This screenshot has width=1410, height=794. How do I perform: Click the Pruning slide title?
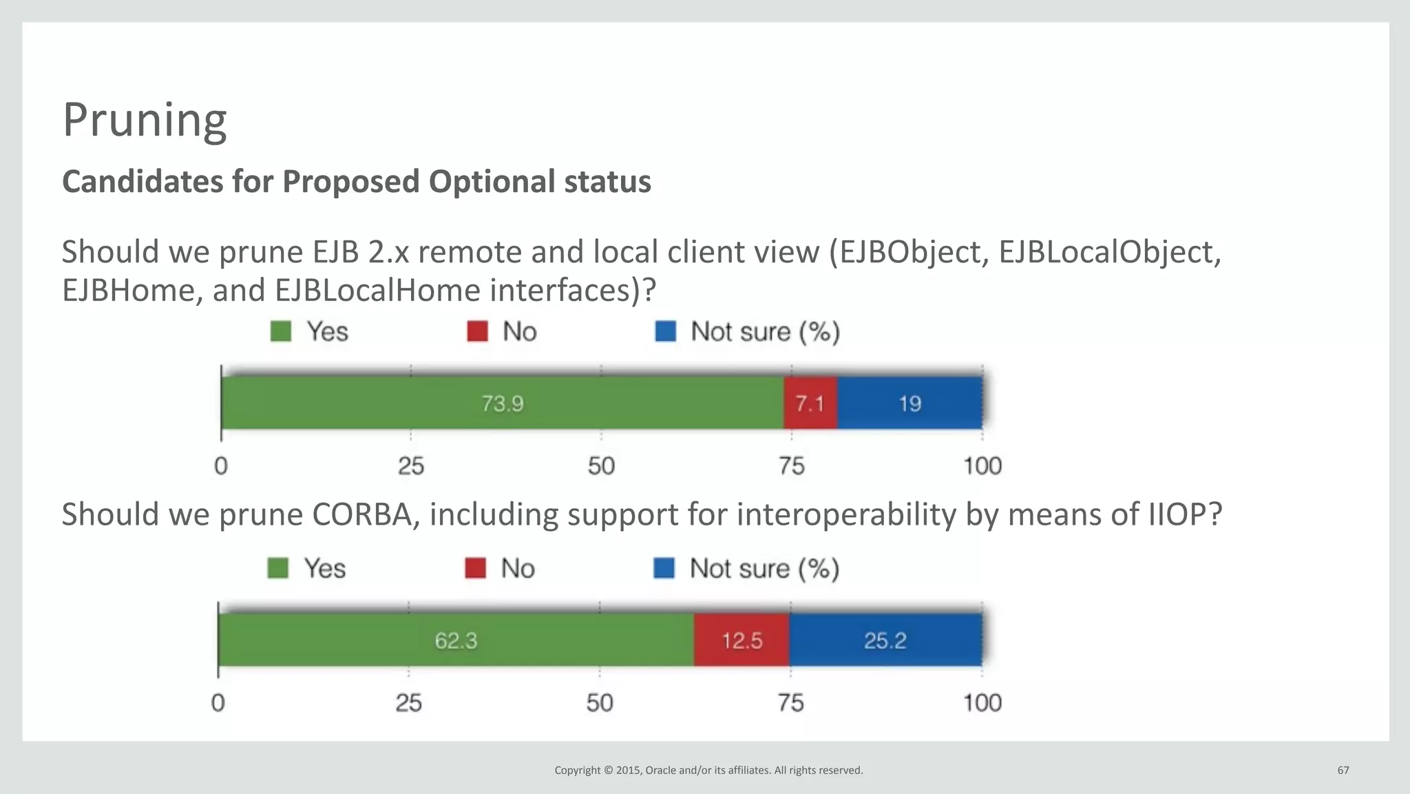tap(145, 120)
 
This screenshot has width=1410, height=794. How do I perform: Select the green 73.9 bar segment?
tap(502, 403)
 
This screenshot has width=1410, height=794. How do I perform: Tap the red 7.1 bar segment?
tap(810, 403)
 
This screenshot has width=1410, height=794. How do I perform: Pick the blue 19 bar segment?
tap(909, 403)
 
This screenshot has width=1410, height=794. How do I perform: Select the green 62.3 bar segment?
tap(456, 640)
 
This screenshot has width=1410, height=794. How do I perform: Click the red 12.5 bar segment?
tap(741, 640)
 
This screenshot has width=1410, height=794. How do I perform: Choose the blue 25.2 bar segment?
tap(885, 640)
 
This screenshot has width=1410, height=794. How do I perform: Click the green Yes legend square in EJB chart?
tap(281, 331)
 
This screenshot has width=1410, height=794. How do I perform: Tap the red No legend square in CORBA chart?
tap(476, 568)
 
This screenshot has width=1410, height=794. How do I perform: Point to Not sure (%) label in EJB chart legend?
tap(765, 331)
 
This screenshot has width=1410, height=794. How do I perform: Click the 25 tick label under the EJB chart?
tap(411, 466)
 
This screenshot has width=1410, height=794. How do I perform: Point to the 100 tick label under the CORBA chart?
tap(982, 703)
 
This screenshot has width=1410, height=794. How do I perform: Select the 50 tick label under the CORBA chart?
tap(600, 703)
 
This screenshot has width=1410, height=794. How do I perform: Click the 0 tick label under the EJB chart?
tap(220, 466)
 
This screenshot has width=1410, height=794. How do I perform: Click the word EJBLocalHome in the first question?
tap(377, 290)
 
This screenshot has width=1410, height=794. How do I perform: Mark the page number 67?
tap(1343, 770)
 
